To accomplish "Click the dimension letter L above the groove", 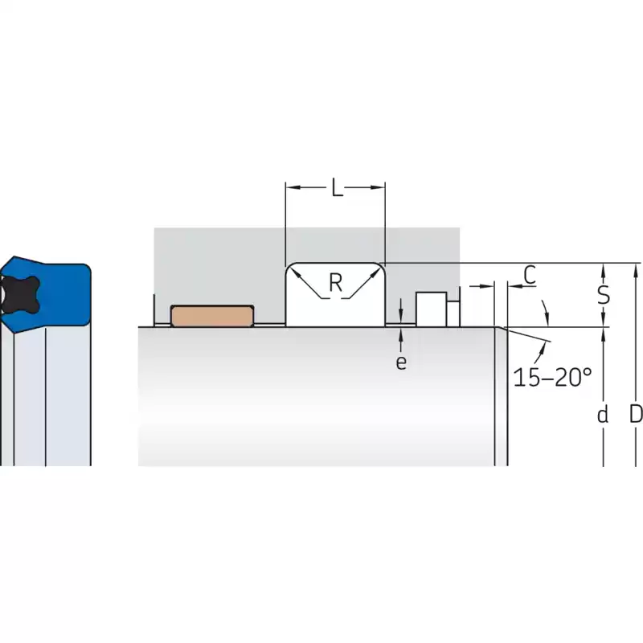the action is (337, 187).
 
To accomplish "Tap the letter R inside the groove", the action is (336, 282).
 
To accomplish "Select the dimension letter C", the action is (530, 275).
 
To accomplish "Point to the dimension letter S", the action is (604, 294).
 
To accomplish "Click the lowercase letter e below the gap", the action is (401, 362).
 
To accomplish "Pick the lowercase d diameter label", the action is (602, 415).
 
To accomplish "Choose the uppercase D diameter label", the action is (636, 414).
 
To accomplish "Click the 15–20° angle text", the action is (552, 377).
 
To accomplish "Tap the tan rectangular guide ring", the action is (212, 316).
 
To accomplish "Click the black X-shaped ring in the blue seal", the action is (19, 294).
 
